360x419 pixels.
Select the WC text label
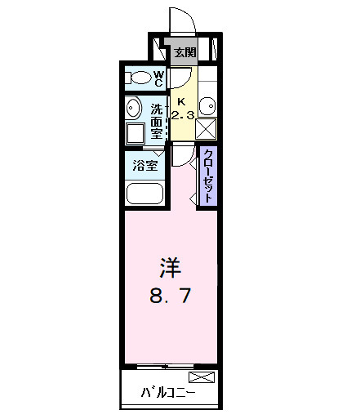159,78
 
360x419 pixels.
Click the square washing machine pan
135,133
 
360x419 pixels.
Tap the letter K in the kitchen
181,91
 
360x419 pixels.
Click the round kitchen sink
208,106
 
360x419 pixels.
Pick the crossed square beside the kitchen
207,128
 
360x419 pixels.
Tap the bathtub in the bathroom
145,194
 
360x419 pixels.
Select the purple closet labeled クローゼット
209,176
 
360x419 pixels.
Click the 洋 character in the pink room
169,267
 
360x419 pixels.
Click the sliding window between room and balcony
170,365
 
